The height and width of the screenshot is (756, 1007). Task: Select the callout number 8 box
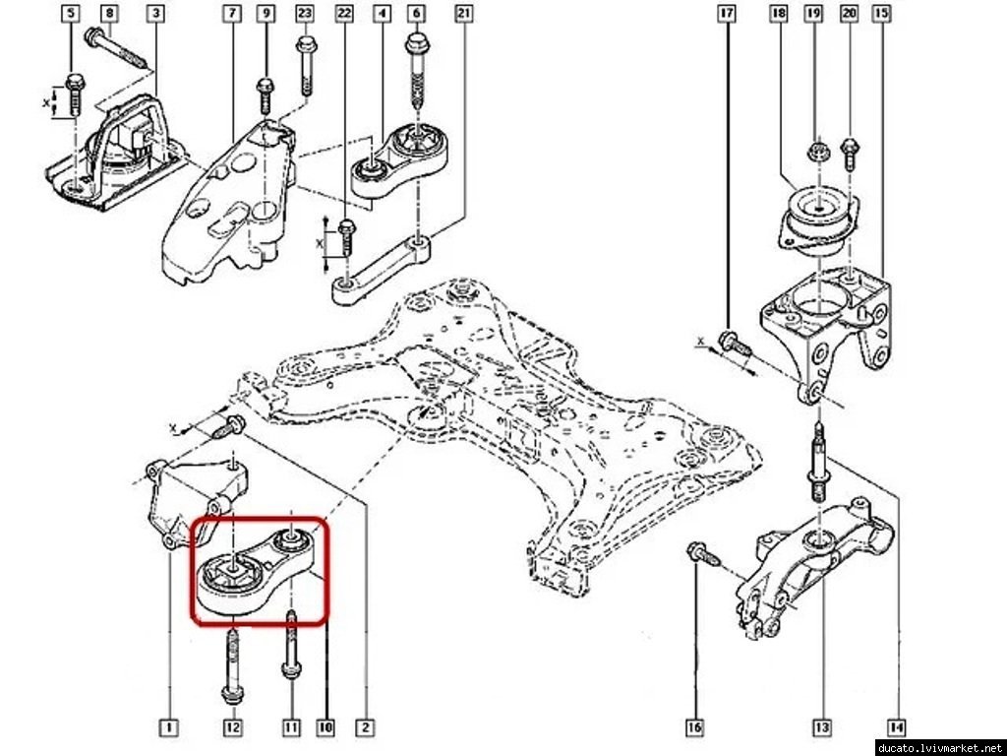tap(109, 14)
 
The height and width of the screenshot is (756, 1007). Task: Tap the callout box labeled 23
tap(304, 14)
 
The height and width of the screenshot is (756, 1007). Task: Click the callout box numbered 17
tap(727, 14)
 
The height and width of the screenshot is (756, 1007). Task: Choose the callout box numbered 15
tap(880, 14)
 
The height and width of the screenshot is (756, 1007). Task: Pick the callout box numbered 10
tap(325, 727)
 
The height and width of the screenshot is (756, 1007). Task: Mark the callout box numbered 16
tap(694, 727)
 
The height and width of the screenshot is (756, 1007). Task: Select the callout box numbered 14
tap(895, 727)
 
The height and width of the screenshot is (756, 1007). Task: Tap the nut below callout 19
tap(816, 153)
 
